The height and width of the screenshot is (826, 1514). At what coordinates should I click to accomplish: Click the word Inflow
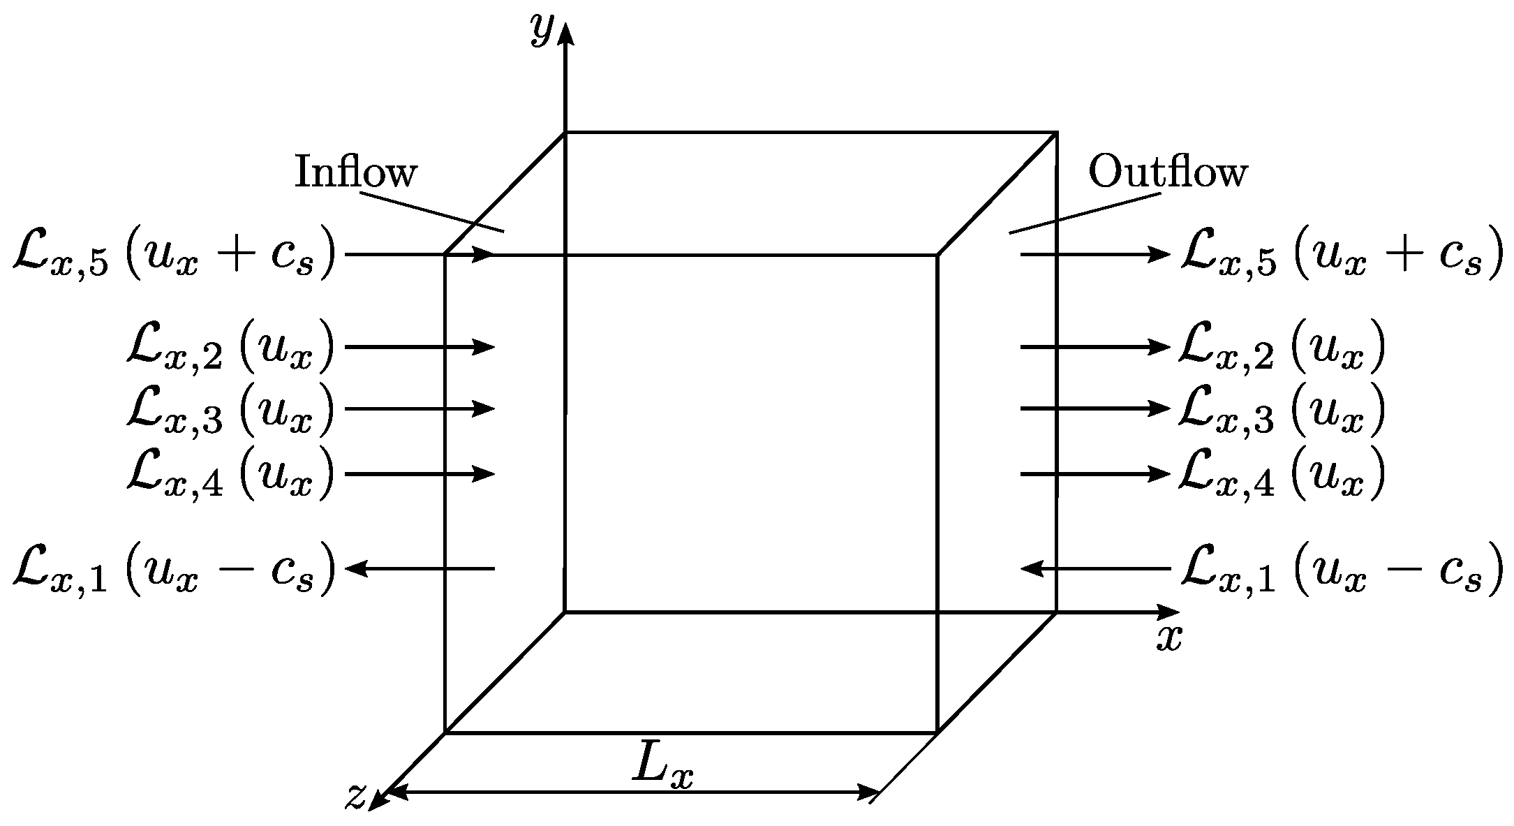[x=355, y=172]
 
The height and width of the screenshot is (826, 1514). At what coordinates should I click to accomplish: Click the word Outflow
[x=1167, y=172]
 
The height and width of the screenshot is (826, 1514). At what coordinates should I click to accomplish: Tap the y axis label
[x=541, y=29]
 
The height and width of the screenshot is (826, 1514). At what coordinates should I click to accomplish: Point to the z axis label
[x=356, y=796]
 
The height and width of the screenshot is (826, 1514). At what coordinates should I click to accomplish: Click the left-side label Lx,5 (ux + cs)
[x=175, y=256]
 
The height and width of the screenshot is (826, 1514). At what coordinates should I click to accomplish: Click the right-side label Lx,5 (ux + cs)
[x=1340, y=256]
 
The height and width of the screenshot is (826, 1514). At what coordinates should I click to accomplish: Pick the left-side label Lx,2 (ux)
[x=230, y=348]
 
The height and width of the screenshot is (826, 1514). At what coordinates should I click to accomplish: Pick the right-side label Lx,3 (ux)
[x=1281, y=411]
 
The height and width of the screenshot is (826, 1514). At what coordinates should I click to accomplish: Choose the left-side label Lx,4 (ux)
[x=230, y=475]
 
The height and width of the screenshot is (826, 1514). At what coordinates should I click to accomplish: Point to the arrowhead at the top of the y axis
[x=565, y=34]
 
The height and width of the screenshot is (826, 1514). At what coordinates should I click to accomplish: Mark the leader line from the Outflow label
[x=1085, y=212]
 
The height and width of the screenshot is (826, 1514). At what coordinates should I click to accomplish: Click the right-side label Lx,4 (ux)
[x=1281, y=475]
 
